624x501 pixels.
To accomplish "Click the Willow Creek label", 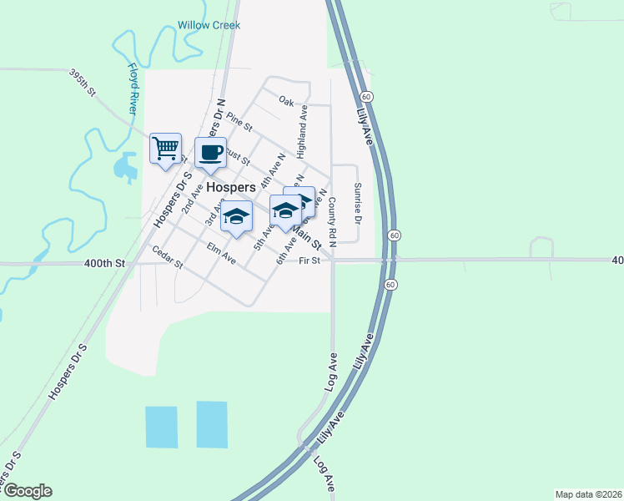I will coord(209,25).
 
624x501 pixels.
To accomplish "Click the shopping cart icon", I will coord(165,149).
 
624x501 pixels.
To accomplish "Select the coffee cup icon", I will coord(210,153).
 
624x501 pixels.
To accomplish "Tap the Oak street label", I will coord(287,102).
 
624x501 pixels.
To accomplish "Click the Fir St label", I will coord(309,261).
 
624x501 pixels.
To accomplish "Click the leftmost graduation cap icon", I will coord(236,215).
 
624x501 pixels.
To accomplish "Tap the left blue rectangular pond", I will coord(162,427).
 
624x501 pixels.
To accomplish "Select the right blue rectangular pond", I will coord(212,424).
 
